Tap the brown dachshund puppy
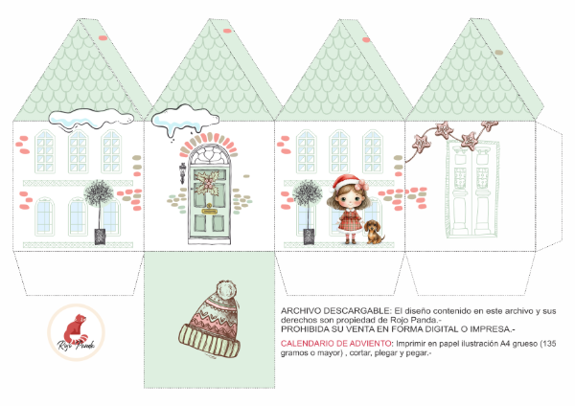point(374,232)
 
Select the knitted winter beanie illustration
point(210,320)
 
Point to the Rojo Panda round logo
point(77,332)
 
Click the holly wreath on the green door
point(208,183)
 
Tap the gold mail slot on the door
point(209,211)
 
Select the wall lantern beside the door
point(182,173)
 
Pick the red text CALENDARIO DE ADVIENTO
point(335,344)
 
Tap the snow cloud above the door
point(185,119)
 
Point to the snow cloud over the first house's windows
point(91,119)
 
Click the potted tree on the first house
point(99,212)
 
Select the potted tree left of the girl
point(308,212)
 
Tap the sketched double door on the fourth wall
point(472,189)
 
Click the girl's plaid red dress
point(350,220)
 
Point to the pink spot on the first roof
point(103,38)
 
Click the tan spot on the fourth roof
point(498,53)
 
